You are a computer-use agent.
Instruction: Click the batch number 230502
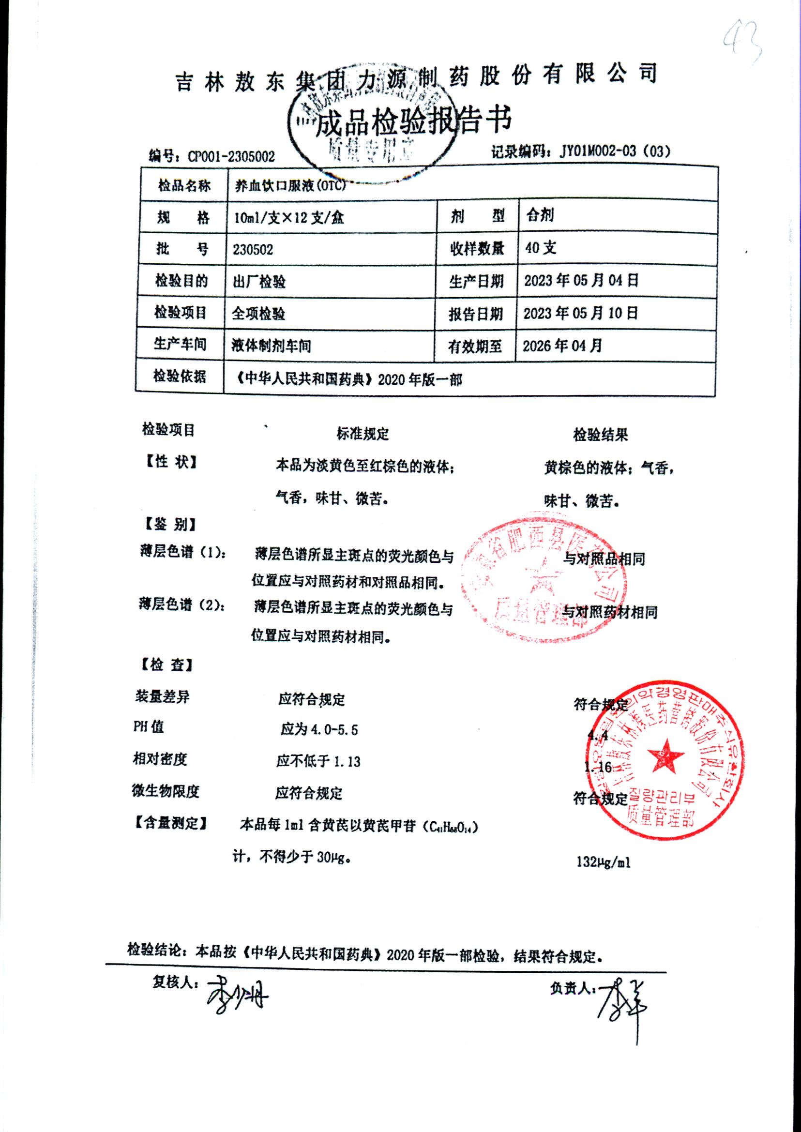coord(253,250)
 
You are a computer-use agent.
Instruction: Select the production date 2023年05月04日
coord(581,281)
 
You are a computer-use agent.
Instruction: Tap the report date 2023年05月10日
coord(580,313)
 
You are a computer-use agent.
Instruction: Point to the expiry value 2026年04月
coord(562,346)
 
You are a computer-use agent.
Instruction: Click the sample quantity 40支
coord(541,248)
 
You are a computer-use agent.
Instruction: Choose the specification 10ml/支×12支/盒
coord(288,217)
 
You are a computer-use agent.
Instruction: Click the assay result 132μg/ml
coord(603,862)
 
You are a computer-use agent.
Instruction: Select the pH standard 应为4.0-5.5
coord(319,729)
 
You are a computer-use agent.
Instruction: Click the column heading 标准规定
coord(363,434)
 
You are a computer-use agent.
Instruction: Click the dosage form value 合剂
coord(540,215)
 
